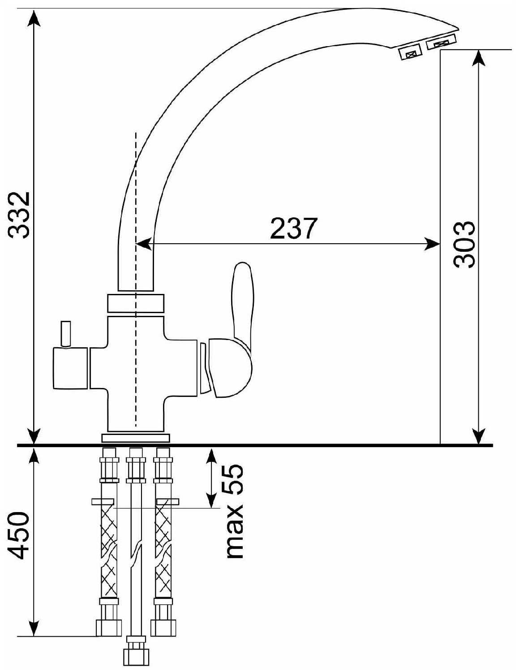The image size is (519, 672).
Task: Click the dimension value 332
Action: tap(20, 215)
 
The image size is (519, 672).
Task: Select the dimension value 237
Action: tap(293, 228)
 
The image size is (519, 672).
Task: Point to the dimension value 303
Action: tap(463, 244)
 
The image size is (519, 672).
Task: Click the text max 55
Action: tap(235, 511)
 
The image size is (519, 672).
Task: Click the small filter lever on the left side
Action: tap(66, 333)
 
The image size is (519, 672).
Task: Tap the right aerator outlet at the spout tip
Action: tap(441, 43)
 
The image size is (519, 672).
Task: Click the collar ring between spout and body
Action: tap(135, 303)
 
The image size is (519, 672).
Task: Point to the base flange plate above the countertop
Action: tap(135, 438)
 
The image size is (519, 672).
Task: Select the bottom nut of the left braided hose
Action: tap(109, 627)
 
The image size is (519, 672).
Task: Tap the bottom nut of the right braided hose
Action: tap(163, 627)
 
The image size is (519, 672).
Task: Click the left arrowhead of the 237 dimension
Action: tap(142, 244)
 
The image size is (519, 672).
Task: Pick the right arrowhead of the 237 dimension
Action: tap(433, 244)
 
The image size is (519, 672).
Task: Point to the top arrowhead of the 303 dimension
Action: tap(479, 58)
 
